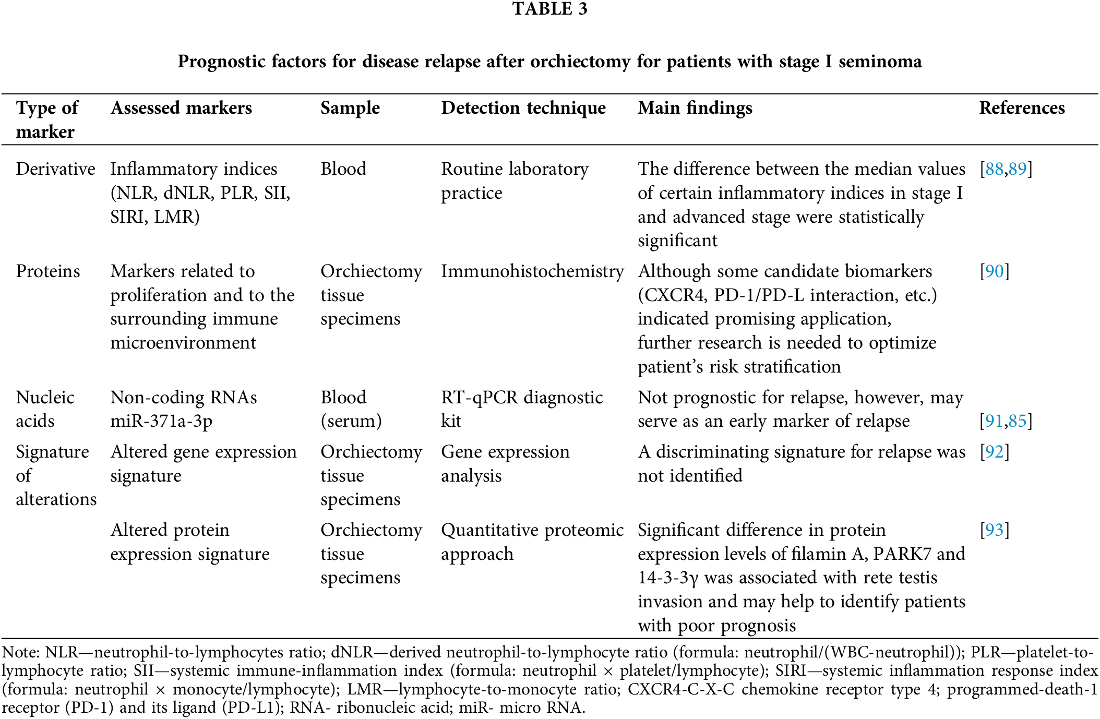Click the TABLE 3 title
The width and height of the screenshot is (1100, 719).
click(549, 9)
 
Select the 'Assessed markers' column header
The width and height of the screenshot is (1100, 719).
click(181, 108)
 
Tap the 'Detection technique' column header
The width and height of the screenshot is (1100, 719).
click(523, 108)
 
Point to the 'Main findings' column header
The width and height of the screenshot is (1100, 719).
click(695, 108)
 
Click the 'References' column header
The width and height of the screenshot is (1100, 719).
click(1021, 108)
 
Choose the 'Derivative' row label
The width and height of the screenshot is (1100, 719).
click(55, 169)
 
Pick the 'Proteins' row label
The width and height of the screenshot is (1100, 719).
click(48, 271)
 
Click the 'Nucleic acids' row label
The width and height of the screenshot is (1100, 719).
click(45, 409)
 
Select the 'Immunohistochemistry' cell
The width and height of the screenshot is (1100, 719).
click(532, 271)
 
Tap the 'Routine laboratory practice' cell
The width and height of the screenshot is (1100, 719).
click(515, 181)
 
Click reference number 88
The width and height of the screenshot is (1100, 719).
click(994, 169)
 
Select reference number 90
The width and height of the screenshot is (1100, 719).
click(995, 271)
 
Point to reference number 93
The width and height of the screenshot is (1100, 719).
click(995, 530)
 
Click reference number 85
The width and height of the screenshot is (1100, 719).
click(1018, 421)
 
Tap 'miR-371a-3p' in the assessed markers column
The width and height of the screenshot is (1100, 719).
click(161, 421)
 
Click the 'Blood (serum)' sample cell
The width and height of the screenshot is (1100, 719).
click(351, 409)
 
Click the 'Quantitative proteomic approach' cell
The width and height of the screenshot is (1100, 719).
click(532, 542)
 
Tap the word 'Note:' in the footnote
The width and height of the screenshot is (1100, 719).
click(21, 652)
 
